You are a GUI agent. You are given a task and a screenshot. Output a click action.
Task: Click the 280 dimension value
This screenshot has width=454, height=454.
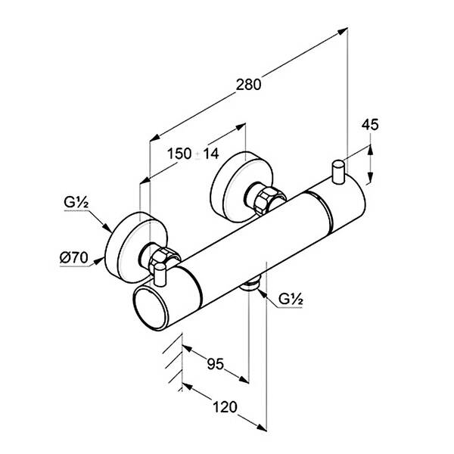coord(247,85)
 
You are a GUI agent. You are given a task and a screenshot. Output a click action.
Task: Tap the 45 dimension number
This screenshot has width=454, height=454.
coord(369,125)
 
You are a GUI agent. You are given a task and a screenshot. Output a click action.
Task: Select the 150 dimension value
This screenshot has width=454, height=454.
coord(179,153)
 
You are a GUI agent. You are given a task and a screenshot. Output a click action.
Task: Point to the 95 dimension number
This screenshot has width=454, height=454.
coord(215,365)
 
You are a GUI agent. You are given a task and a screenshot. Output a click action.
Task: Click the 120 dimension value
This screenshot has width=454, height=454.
coord(225,407)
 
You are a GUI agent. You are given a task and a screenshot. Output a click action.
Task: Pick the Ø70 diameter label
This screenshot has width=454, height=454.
coord(74,258)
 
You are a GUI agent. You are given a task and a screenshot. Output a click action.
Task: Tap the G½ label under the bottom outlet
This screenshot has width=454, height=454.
coord(291,299)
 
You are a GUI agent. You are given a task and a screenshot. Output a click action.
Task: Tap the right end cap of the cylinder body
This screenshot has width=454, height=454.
coord(344,208)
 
